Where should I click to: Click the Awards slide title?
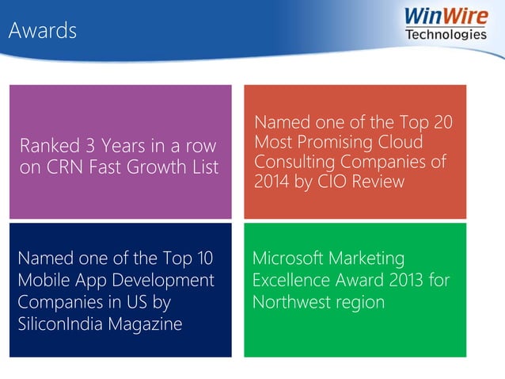[x=43, y=31]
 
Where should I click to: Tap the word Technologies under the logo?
[x=446, y=34]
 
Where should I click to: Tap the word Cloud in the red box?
[x=401, y=143]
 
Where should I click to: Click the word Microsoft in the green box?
[x=287, y=259]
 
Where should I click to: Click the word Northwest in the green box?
[x=291, y=303]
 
